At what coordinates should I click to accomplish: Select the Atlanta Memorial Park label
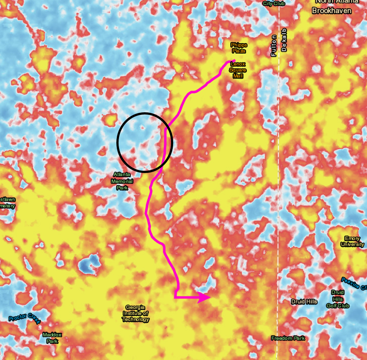tap(122, 181)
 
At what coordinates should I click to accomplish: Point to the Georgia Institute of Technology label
tap(136, 313)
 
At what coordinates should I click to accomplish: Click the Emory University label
tap(352, 241)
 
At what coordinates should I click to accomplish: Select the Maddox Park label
tap(52, 338)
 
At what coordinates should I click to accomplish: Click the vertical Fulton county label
tap(274, 45)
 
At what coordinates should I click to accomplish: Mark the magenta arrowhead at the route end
tap(205, 297)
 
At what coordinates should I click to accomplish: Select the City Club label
tap(273, 3)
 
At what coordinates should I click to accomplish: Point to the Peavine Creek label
tap(354, 284)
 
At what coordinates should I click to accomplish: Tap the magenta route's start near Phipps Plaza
tap(234, 61)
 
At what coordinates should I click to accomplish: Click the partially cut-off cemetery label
tap(8, 203)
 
